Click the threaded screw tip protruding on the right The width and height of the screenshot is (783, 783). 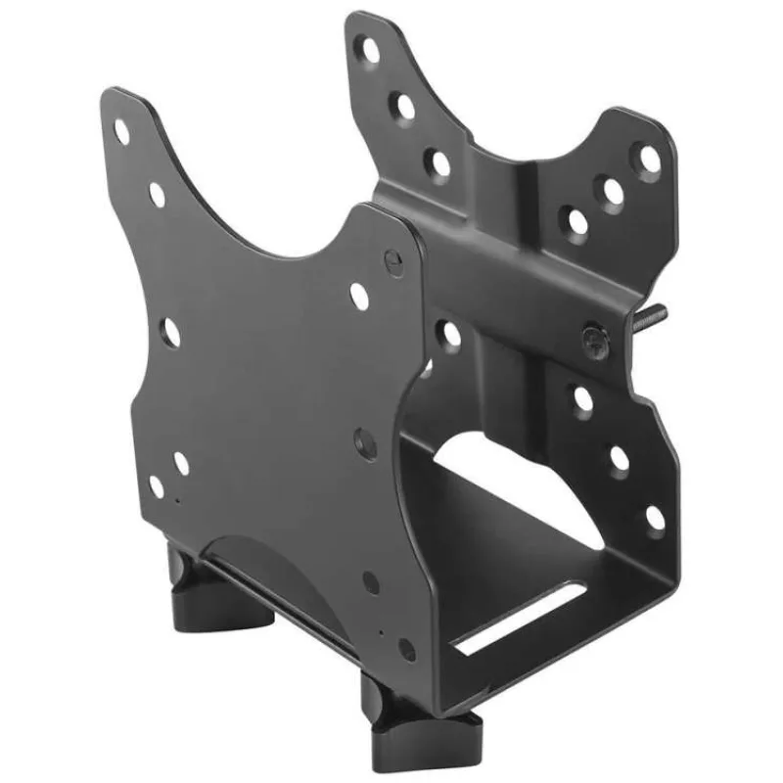coord(653,316)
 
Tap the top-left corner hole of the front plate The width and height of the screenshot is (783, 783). coord(122,130)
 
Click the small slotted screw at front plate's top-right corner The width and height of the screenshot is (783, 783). coord(393,261)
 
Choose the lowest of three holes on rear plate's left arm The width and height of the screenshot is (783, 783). coord(440,162)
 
